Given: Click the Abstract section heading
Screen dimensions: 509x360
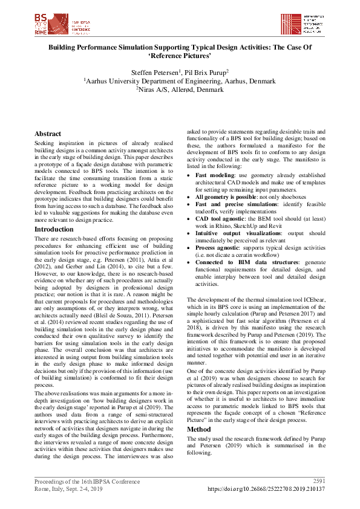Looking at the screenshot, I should point(48,134).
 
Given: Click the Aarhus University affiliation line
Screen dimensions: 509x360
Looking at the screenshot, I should point(180,80).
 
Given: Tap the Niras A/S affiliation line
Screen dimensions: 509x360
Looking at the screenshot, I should point(180,89).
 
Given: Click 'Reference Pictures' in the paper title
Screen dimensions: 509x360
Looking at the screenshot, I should point(180,55).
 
